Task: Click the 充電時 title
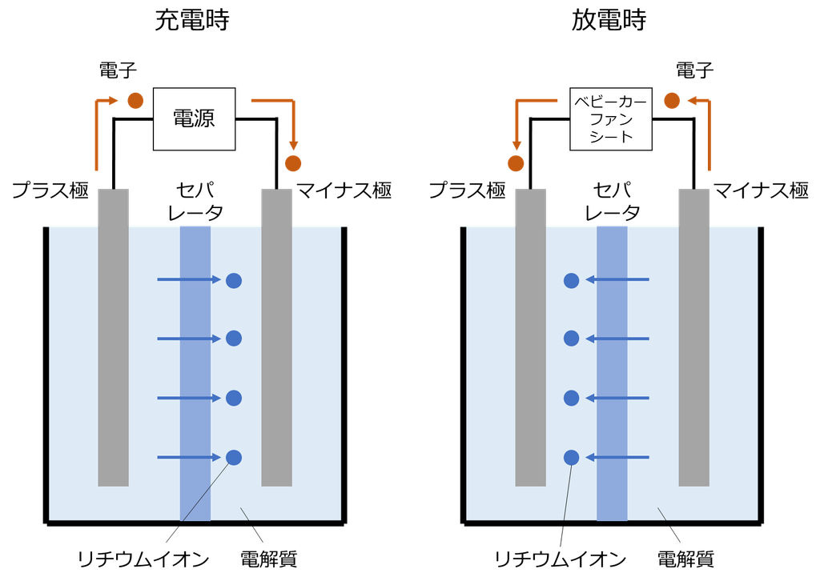pyautogui.click(x=192, y=20)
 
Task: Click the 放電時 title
pyautogui.click(x=609, y=20)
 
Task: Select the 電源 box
pyautogui.click(x=194, y=119)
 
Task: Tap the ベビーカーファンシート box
pyautogui.click(x=611, y=119)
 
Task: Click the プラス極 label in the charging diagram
pyautogui.click(x=50, y=190)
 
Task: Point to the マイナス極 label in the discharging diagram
pyautogui.click(x=761, y=190)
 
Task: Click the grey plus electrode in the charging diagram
pyautogui.click(x=114, y=338)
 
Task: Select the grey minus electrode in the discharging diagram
pyautogui.click(x=694, y=338)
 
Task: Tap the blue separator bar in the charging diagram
pyautogui.click(x=195, y=373)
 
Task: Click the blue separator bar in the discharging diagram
pyautogui.click(x=612, y=373)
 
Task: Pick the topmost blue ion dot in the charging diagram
pyautogui.click(x=234, y=280)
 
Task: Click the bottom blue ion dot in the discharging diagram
pyautogui.click(x=572, y=458)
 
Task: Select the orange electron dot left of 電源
pyautogui.click(x=135, y=100)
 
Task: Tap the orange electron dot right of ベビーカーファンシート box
pyautogui.click(x=672, y=100)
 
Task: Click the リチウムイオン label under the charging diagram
pyautogui.click(x=143, y=560)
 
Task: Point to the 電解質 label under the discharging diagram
pyautogui.click(x=685, y=559)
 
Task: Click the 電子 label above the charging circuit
pyautogui.click(x=118, y=70)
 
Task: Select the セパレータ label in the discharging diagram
pyautogui.click(x=612, y=202)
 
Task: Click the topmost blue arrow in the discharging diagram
pyautogui.click(x=617, y=279)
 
